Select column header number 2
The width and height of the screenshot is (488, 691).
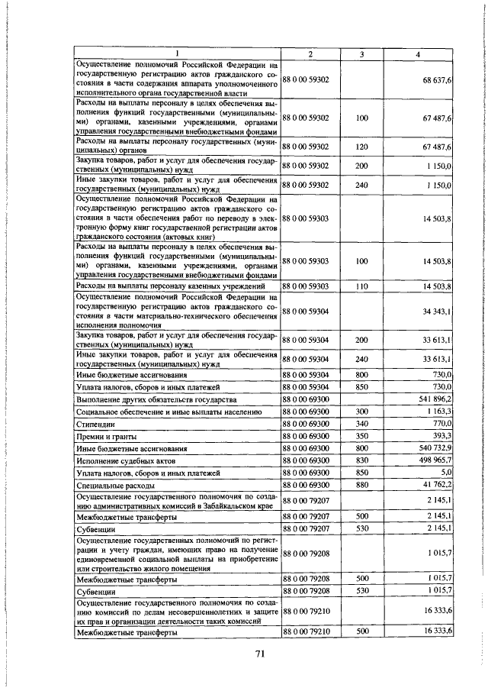coord(310,53)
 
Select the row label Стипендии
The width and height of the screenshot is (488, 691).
coord(96,424)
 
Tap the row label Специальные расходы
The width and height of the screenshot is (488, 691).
coord(112,486)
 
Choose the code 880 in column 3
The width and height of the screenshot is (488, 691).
coord(361,485)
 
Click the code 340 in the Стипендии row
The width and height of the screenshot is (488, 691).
coord(361,423)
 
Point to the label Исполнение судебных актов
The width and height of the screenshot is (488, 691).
coord(127,461)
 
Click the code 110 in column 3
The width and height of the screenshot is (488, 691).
coord(361,286)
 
